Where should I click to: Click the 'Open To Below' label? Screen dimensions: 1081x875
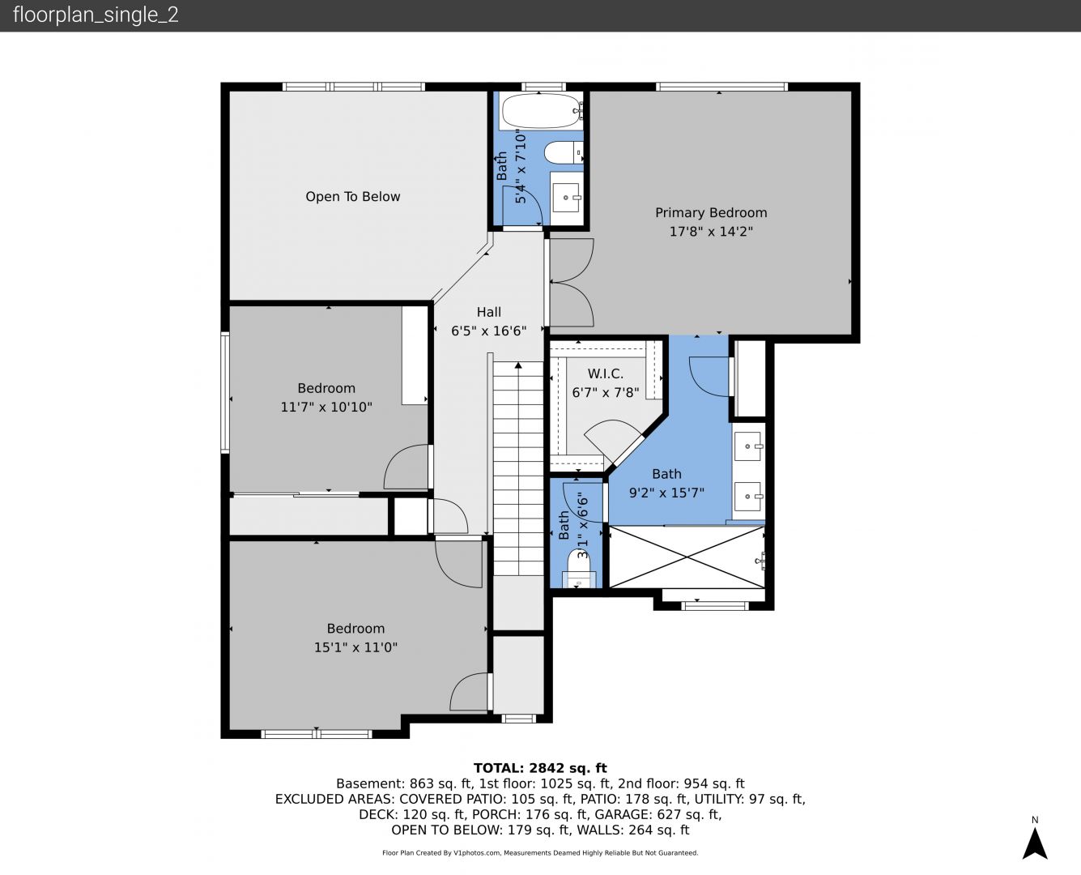(x=353, y=197)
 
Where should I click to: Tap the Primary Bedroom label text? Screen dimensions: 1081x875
(x=710, y=213)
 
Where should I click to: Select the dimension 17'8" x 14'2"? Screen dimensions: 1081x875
(x=710, y=232)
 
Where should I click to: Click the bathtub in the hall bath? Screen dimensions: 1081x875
(x=541, y=111)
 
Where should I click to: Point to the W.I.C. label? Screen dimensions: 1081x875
(x=606, y=373)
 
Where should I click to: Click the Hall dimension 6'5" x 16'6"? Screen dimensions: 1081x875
(x=488, y=331)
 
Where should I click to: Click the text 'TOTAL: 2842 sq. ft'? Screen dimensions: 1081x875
(x=540, y=768)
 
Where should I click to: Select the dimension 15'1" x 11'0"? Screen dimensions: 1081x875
(x=355, y=647)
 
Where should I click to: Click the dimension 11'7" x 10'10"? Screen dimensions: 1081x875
(x=326, y=408)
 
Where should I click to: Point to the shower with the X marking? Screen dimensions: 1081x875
(x=687, y=557)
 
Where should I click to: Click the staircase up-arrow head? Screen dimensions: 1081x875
(x=518, y=365)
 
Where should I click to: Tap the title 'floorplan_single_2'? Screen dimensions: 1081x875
(x=96, y=15)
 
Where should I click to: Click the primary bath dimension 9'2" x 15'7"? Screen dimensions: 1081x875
(x=666, y=493)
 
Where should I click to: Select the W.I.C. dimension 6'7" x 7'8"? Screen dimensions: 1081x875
(x=606, y=393)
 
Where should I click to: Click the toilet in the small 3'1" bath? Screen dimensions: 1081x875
(x=580, y=570)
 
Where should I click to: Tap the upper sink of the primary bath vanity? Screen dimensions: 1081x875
(x=749, y=446)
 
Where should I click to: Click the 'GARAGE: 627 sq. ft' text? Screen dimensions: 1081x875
(x=658, y=814)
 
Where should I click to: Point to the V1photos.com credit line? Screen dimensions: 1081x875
(x=540, y=853)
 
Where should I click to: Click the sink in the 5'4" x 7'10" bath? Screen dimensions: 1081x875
(x=566, y=198)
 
